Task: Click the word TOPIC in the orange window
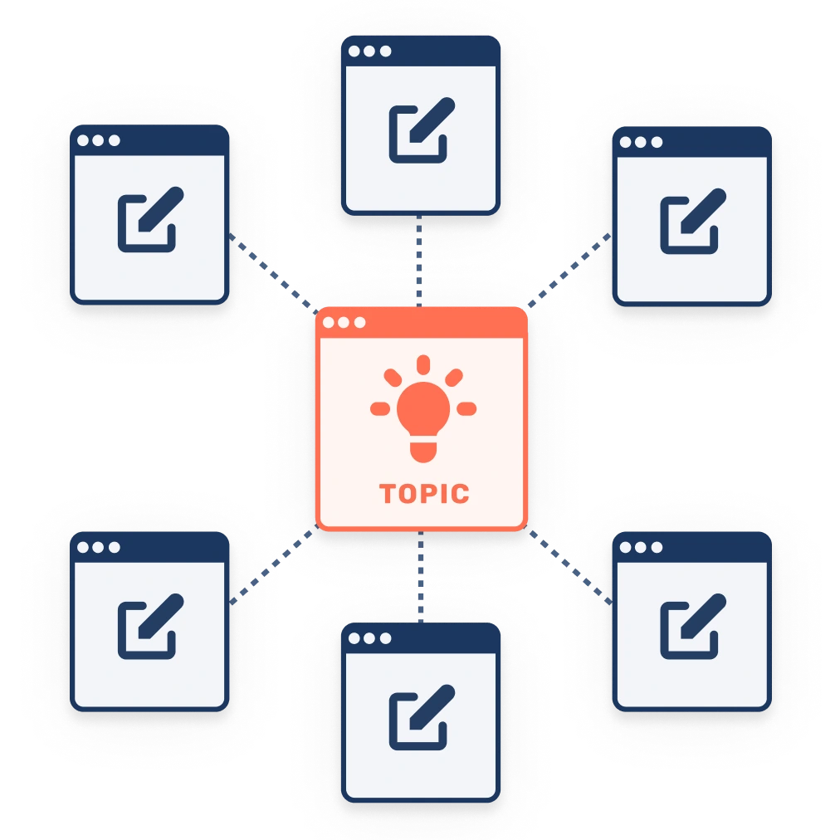coord(424,493)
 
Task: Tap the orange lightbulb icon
coord(423,408)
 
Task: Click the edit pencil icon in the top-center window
coord(422,130)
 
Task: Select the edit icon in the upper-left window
coord(150,219)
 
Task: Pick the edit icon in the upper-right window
coord(693,221)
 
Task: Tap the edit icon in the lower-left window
coord(150,626)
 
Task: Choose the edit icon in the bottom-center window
coord(422,717)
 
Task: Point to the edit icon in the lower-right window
coord(693,626)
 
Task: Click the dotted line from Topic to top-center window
coord(419,261)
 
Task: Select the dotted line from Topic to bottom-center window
coord(421,576)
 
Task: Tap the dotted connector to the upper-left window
coord(273,273)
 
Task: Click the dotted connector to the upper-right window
coord(569,271)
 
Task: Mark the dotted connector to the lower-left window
coord(273,565)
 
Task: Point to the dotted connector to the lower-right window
coord(569,566)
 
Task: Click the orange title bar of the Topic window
coord(422,323)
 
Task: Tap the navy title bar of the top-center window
coord(421,51)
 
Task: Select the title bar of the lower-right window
coord(691,547)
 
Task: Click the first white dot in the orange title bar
coord(329,323)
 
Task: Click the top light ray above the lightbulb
coord(423,364)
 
